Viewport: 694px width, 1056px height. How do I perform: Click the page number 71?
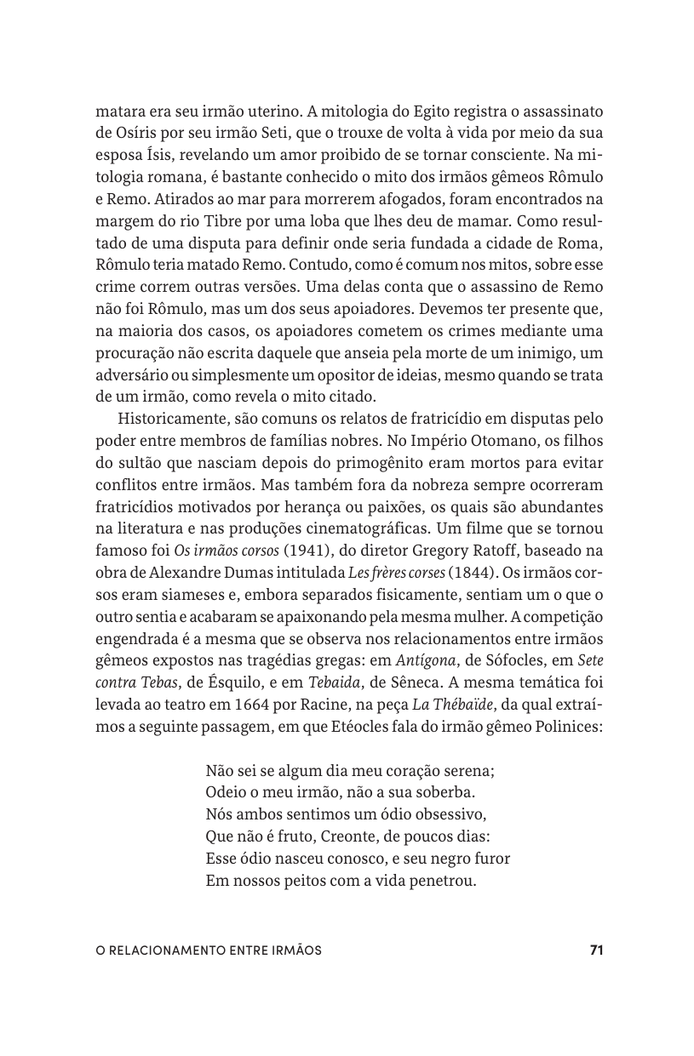596,950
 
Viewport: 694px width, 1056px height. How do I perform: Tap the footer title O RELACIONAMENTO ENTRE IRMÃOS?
209,950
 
